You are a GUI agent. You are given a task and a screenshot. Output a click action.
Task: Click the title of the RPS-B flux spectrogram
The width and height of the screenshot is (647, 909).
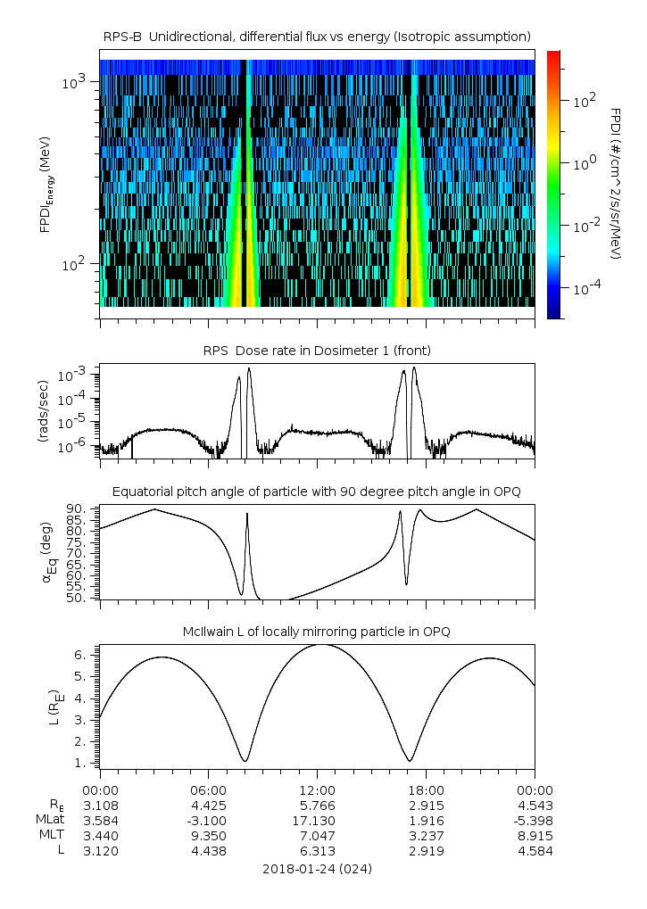coord(317,36)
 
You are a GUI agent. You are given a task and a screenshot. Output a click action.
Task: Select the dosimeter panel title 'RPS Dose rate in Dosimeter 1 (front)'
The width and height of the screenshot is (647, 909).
coord(317,349)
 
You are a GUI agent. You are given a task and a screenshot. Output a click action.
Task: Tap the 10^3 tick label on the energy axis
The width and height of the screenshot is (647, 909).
coord(73,83)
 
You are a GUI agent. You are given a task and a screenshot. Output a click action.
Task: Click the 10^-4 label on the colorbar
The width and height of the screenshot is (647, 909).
coord(585,288)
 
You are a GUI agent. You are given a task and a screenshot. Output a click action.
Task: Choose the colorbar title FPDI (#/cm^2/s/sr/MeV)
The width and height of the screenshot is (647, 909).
coord(615,183)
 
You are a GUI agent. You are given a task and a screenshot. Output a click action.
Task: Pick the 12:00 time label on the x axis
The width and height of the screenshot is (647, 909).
coord(318,789)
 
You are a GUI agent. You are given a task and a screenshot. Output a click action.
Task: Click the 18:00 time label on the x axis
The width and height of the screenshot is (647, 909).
coord(426,789)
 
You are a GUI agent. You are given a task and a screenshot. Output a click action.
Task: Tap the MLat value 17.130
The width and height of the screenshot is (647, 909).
coord(318,821)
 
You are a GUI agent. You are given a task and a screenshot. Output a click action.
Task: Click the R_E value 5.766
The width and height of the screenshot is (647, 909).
coord(318,806)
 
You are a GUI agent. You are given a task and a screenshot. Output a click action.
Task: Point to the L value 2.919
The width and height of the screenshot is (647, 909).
coord(426,851)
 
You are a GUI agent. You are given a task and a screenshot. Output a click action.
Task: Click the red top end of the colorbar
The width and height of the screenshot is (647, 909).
coord(553,55)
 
